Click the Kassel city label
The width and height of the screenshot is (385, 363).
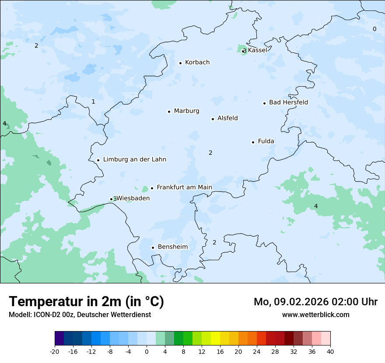257,50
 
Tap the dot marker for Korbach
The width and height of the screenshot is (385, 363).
180,63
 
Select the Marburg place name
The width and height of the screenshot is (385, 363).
186,111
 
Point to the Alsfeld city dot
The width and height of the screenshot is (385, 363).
213,119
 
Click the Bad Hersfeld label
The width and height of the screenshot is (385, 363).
288,102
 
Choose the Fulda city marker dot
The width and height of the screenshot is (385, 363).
253,142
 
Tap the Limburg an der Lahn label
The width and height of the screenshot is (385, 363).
134,160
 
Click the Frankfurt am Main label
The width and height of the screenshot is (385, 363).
184,187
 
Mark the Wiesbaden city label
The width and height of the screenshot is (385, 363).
133,198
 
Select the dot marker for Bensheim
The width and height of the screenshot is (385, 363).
153,248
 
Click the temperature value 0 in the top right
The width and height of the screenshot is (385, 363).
374,29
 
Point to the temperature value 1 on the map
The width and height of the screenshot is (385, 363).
93,102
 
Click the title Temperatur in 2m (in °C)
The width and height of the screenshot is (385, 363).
86,302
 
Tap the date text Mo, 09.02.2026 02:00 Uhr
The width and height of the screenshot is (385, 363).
315,302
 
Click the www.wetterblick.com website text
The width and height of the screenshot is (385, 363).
315,314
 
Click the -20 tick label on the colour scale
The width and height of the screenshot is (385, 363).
55,352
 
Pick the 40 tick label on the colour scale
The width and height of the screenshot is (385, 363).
330,352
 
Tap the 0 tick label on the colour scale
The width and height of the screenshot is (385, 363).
147,352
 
